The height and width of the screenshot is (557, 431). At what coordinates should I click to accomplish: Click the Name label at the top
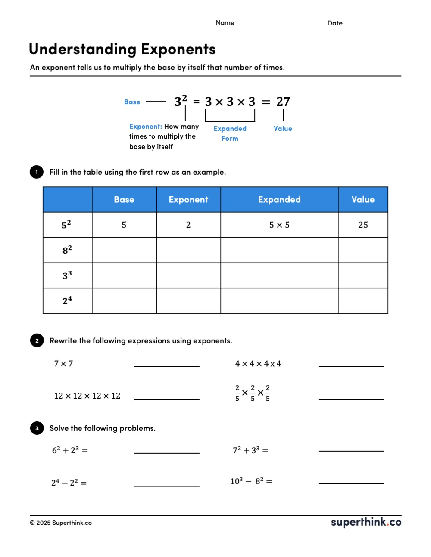tap(225, 23)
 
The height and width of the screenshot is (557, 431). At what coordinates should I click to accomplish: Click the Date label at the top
tap(335, 23)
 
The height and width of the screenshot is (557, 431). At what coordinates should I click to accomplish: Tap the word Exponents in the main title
tap(178, 50)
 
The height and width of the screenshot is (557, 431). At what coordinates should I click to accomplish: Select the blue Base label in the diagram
tap(132, 102)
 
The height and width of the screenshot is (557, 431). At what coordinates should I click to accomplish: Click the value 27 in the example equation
tap(283, 102)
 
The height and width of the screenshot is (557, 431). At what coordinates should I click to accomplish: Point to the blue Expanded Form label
tap(230, 133)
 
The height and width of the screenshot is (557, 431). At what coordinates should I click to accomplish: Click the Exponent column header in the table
tap(188, 200)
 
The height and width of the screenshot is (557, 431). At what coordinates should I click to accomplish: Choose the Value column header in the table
tap(363, 200)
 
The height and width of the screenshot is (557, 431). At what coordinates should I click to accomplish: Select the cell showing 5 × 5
tap(279, 225)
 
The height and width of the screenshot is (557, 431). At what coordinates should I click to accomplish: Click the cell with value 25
tap(363, 225)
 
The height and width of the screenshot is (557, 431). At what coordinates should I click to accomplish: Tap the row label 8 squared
tap(67, 250)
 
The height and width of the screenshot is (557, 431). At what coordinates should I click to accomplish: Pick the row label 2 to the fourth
tap(67, 300)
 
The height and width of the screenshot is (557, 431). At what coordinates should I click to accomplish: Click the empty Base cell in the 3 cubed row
tap(124, 275)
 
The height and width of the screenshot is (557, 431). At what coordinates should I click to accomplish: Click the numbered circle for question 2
tap(37, 340)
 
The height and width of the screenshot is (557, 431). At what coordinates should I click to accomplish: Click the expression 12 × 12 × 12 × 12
tap(87, 396)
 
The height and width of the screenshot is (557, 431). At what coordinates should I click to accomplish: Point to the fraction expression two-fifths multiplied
tap(253, 393)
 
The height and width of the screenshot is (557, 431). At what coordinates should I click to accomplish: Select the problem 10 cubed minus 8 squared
tap(251, 481)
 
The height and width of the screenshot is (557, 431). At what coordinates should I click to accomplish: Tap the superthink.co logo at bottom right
tap(366, 522)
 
